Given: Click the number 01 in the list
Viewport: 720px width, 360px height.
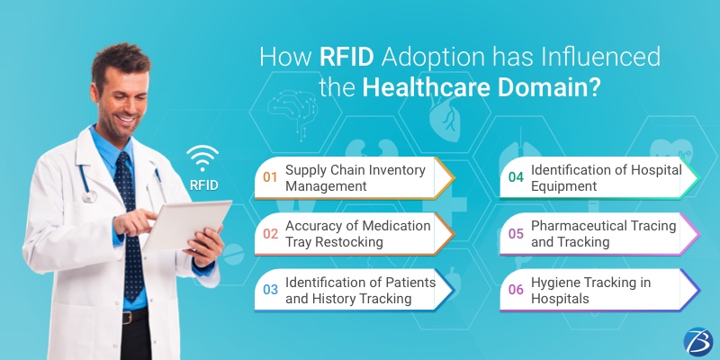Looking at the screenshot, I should [270, 177].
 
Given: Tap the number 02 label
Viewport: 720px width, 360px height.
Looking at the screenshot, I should [270, 233].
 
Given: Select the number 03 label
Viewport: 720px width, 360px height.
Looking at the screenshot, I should [270, 290].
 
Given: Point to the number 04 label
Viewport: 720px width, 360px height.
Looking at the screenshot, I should [516, 177].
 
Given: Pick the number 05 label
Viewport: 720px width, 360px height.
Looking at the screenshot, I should [516, 233].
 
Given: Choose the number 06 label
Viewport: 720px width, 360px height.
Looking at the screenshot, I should [516, 290].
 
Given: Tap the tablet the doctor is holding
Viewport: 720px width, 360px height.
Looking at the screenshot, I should [180, 220].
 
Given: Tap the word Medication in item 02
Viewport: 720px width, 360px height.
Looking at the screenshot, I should [395, 225].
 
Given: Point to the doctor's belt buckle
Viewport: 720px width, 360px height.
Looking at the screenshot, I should [132, 317].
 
